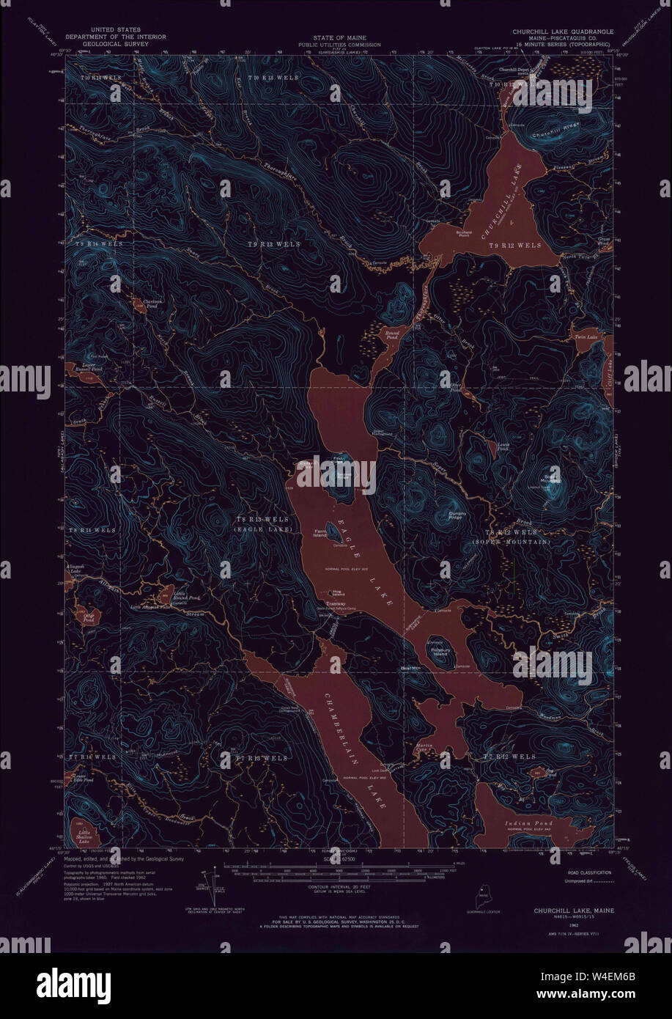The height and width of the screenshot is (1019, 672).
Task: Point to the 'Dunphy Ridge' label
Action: tap(457, 516)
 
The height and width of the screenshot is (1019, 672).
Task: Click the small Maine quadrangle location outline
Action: tap(483, 895)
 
